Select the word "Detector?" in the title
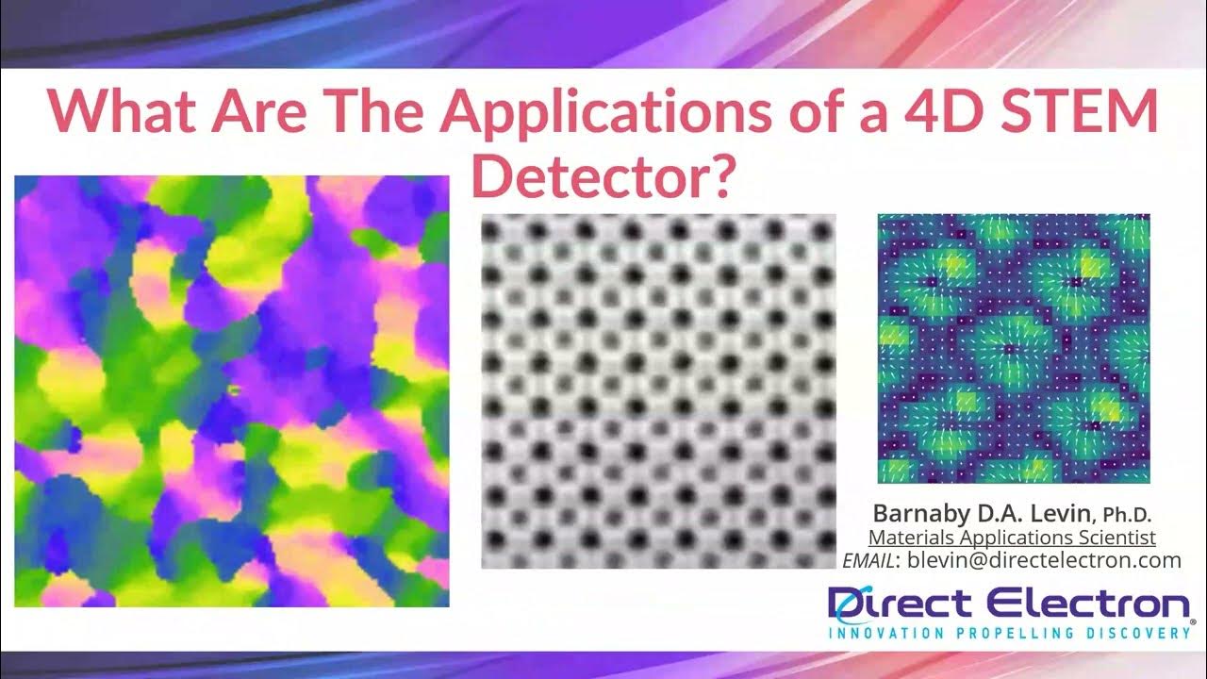point(603,176)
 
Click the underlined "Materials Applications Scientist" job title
point(1012,538)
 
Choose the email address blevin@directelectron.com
point(1044,560)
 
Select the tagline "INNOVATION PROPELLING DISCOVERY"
point(1009,634)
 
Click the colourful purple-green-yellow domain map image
point(232,391)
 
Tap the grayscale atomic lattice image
point(658,391)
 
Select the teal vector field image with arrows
point(1014,349)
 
